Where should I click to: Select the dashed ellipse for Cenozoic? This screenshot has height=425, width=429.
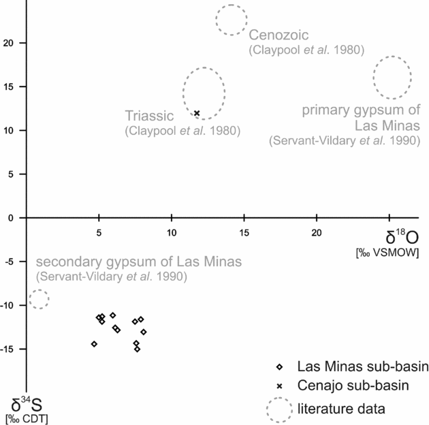(x=232, y=19)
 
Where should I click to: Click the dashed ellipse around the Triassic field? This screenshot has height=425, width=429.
(x=204, y=93)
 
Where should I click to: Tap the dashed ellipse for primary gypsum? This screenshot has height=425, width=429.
(x=392, y=78)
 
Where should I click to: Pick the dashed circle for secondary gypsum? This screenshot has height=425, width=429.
(x=39, y=298)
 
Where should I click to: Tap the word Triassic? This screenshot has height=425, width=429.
(x=150, y=115)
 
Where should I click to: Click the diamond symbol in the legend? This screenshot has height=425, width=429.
(x=279, y=366)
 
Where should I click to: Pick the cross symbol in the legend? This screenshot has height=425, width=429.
(x=279, y=386)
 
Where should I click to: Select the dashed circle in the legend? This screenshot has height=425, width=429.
(x=279, y=409)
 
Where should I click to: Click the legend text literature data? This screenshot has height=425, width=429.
(x=343, y=409)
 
